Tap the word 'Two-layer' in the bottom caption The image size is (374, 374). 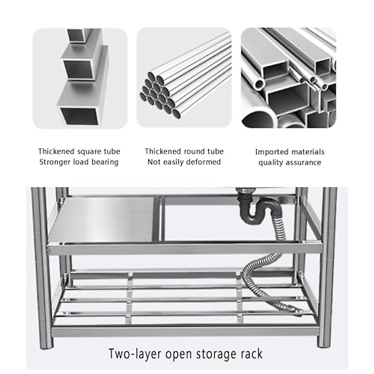click(135, 354)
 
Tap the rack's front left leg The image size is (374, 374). click(42, 265)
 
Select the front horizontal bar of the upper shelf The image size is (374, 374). click(184, 249)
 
